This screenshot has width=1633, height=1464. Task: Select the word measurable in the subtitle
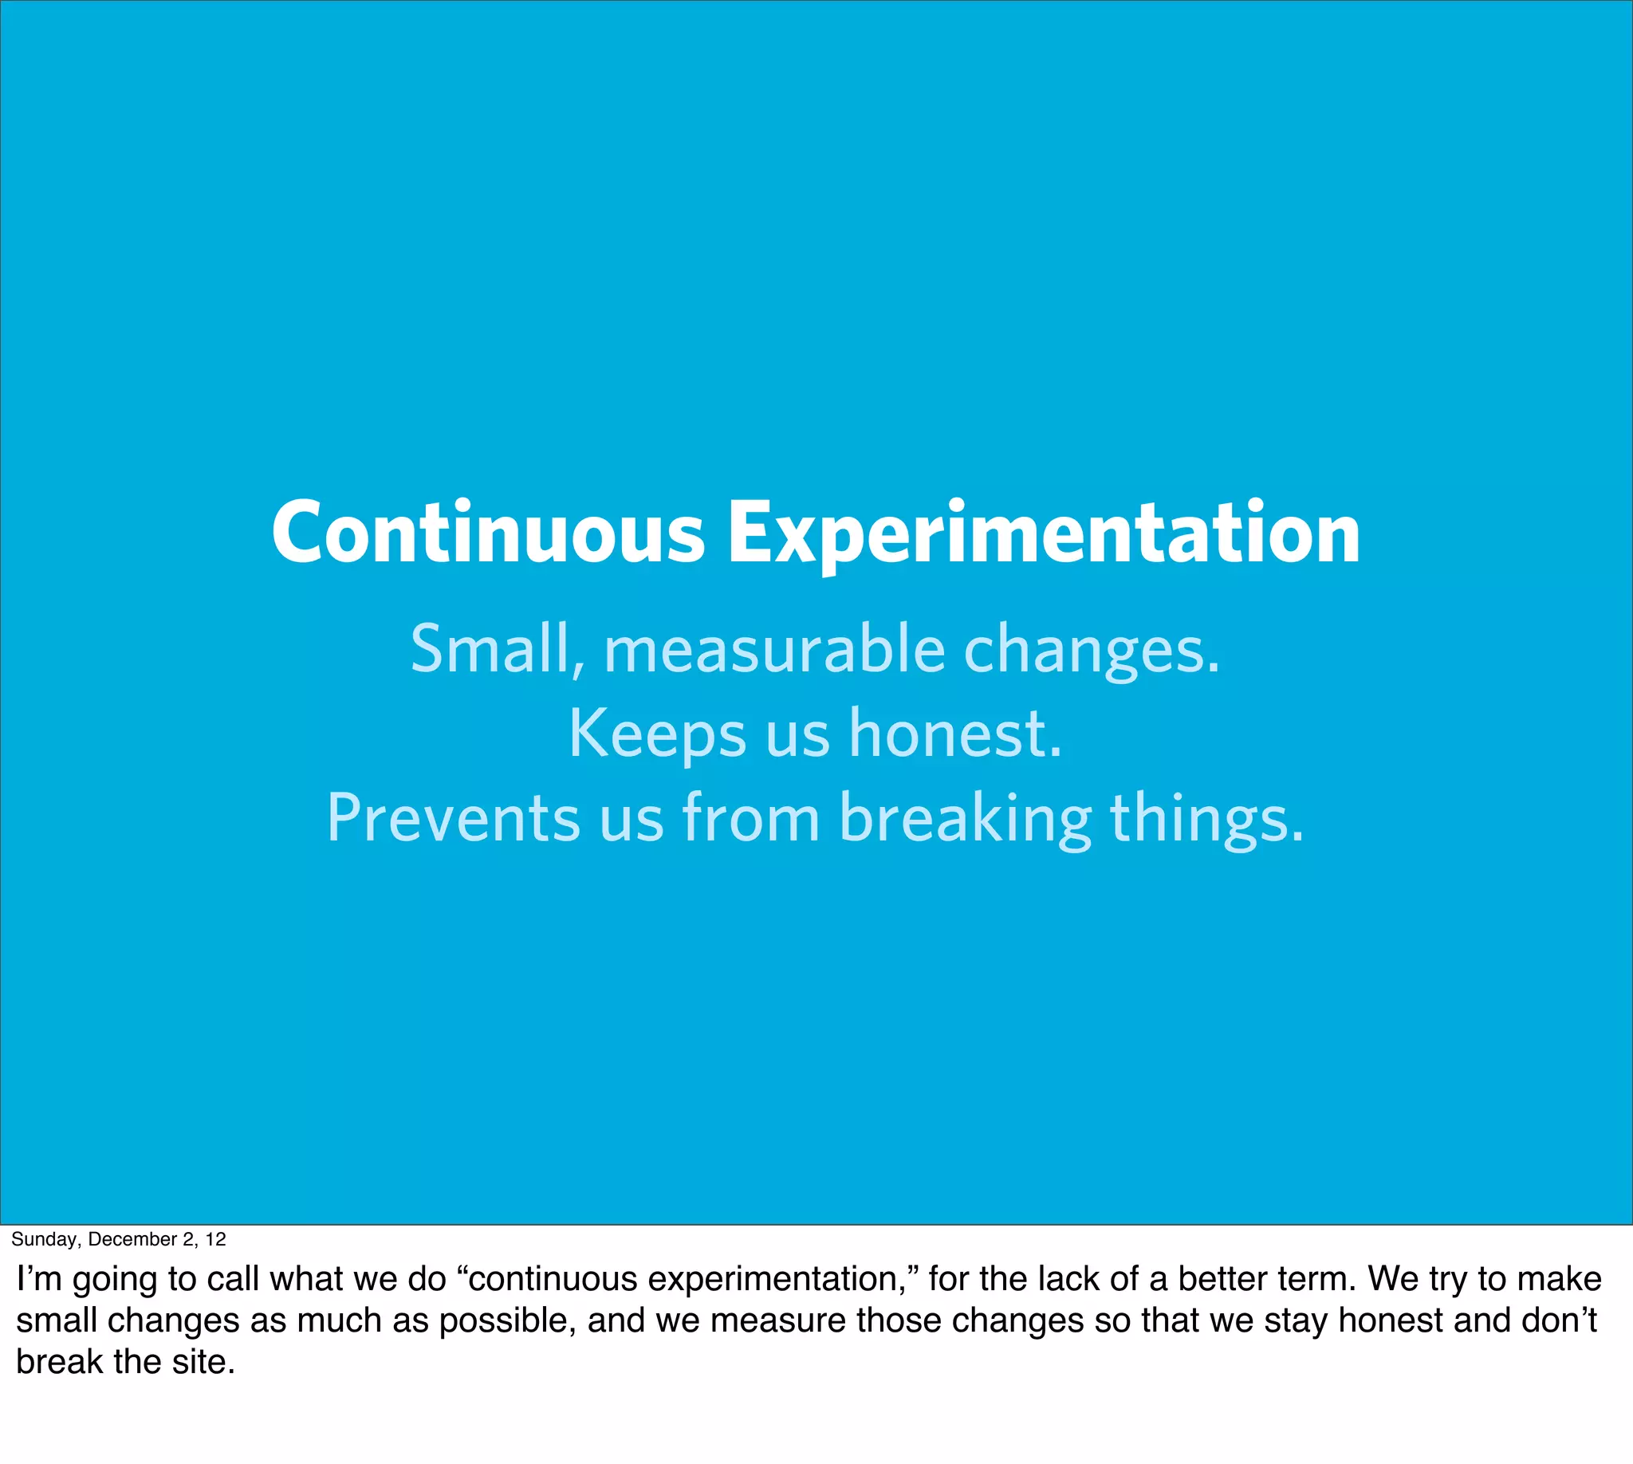point(774,650)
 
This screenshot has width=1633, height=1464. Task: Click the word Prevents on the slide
point(452,818)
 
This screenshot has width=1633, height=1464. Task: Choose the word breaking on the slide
point(965,818)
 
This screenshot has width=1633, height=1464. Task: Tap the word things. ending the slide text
point(1206,818)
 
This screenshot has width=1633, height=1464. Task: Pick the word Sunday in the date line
point(44,1239)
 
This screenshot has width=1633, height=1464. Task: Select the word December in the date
point(132,1239)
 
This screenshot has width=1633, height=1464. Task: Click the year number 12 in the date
point(215,1239)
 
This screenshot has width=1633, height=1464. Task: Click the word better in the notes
point(1222,1278)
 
